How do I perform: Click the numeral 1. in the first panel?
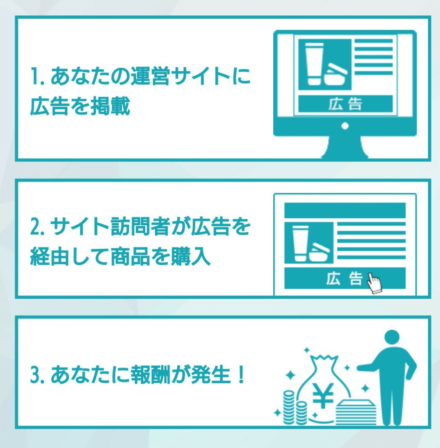click(x=37, y=77)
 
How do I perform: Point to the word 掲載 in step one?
click(x=110, y=106)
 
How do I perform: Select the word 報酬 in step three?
click(x=151, y=374)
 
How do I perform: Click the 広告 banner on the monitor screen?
click(x=345, y=104)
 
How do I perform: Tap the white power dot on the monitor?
click(x=345, y=126)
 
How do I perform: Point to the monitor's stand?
click(x=345, y=147)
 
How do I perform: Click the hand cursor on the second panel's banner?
click(x=374, y=283)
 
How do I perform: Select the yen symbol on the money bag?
click(x=323, y=395)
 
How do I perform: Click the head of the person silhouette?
click(x=392, y=339)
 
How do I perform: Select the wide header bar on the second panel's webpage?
click(x=345, y=210)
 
